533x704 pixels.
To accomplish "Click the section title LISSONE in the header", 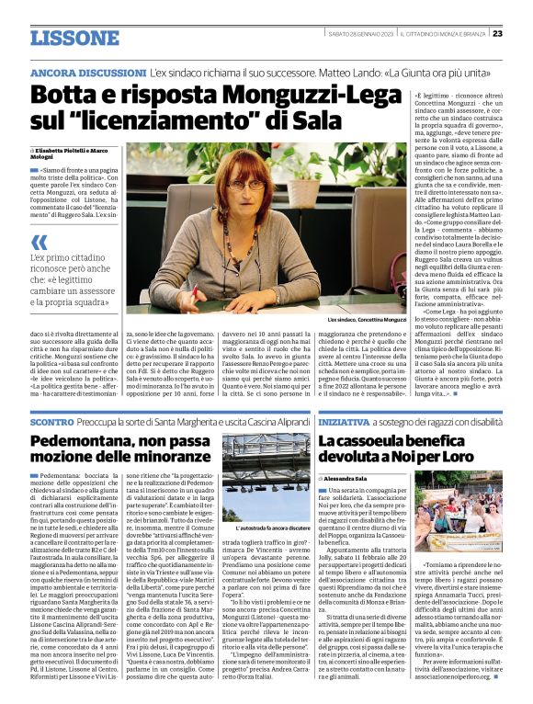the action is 74,38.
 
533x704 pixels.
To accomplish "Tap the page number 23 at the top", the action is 497,33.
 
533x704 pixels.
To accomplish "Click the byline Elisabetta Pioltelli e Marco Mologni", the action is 74,152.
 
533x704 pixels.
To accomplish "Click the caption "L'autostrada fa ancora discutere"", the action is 266,529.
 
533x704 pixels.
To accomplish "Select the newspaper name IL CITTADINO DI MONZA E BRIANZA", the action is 445,33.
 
